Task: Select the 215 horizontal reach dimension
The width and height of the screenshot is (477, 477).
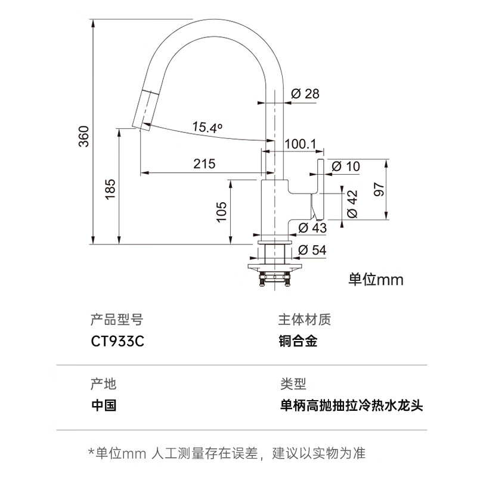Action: pyautogui.click(x=204, y=163)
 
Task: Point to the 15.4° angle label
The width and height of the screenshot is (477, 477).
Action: pyautogui.click(x=207, y=127)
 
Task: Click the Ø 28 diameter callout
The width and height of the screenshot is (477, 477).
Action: pyautogui.click(x=305, y=94)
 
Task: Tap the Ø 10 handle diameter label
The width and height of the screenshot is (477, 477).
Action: pyautogui.click(x=345, y=166)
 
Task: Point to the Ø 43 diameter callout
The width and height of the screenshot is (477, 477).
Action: pyautogui.click(x=312, y=227)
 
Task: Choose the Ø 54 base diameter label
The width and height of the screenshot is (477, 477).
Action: pyautogui.click(x=312, y=250)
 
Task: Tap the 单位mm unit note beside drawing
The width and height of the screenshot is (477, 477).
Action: pyautogui.click(x=376, y=279)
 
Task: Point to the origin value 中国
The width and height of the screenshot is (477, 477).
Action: pyautogui.click(x=104, y=406)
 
